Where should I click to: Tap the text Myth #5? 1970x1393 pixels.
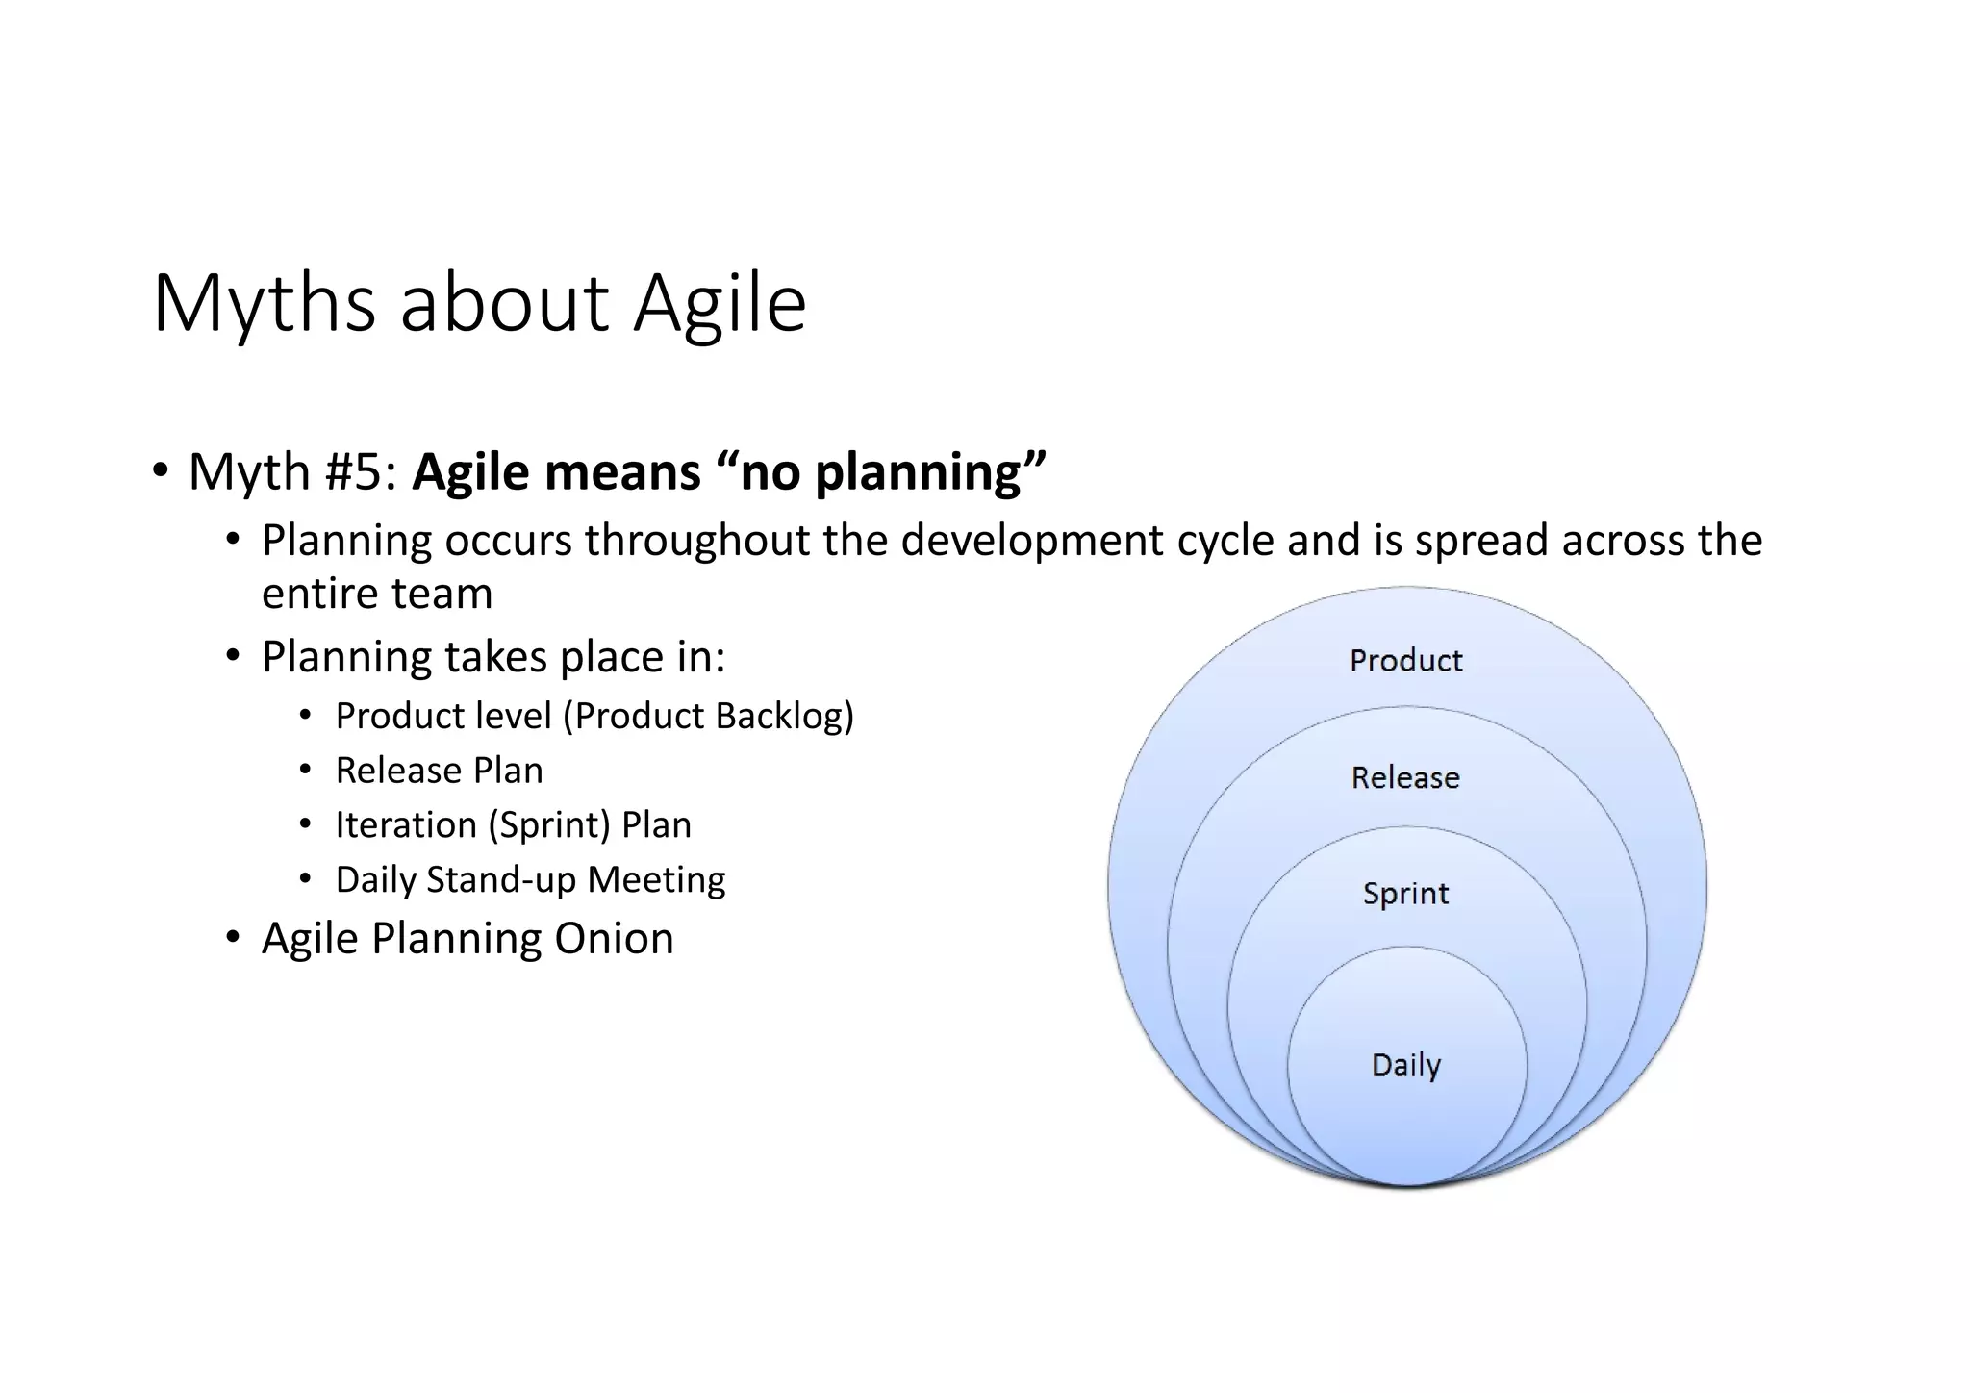pyautogui.click(x=293, y=472)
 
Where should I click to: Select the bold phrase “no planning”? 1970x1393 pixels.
pyautogui.click(x=881, y=472)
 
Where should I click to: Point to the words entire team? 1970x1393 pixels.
pyautogui.click(x=377, y=594)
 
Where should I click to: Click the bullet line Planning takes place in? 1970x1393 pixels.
pyautogui.click(x=493, y=657)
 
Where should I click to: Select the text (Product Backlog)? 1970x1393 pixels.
pyautogui.click(x=708, y=716)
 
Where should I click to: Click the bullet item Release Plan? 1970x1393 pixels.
pyautogui.click(x=439, y=771)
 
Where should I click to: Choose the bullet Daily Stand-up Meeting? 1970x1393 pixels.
pyautogui.click(x=530, y=879)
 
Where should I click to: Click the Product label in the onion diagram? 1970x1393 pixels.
pyautogui.click(x=1405, y=661)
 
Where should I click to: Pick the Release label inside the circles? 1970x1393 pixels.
pyautogui.click(x=1405, y=777)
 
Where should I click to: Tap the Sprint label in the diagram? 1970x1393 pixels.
pyautogui.click(x=1405, y=894)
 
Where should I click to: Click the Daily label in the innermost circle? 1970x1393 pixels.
pyautogui.click(x=1405, y=1065)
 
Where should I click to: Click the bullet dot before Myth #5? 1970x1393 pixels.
pyautogui.click(x=160, y=471)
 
